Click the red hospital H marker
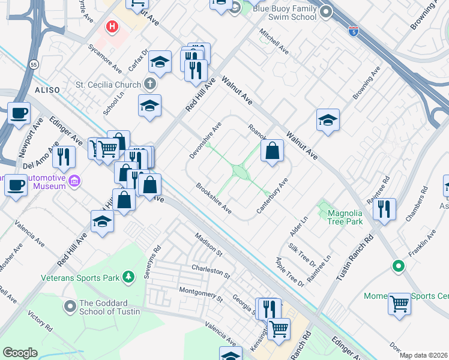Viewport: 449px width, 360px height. [111, 27]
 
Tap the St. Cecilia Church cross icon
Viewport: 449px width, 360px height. [149, 85]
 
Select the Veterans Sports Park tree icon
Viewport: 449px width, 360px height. [127, 277]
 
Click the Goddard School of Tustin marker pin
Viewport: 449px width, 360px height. [70, 307]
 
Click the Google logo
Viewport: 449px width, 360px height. [20, 353]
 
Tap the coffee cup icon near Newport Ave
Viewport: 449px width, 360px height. [19, 112]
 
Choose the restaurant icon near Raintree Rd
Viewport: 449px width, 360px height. [384, 209]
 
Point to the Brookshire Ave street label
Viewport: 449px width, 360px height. [214, 198]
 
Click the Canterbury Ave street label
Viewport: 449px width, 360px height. [273, 196]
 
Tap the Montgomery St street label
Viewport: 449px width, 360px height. [200, 295]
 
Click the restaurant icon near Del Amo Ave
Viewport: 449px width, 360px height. [64, 157]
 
